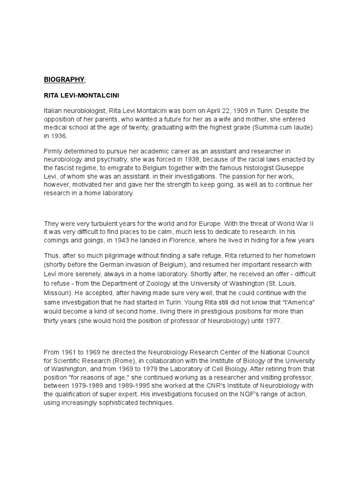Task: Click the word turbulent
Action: [x=104, y=224]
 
